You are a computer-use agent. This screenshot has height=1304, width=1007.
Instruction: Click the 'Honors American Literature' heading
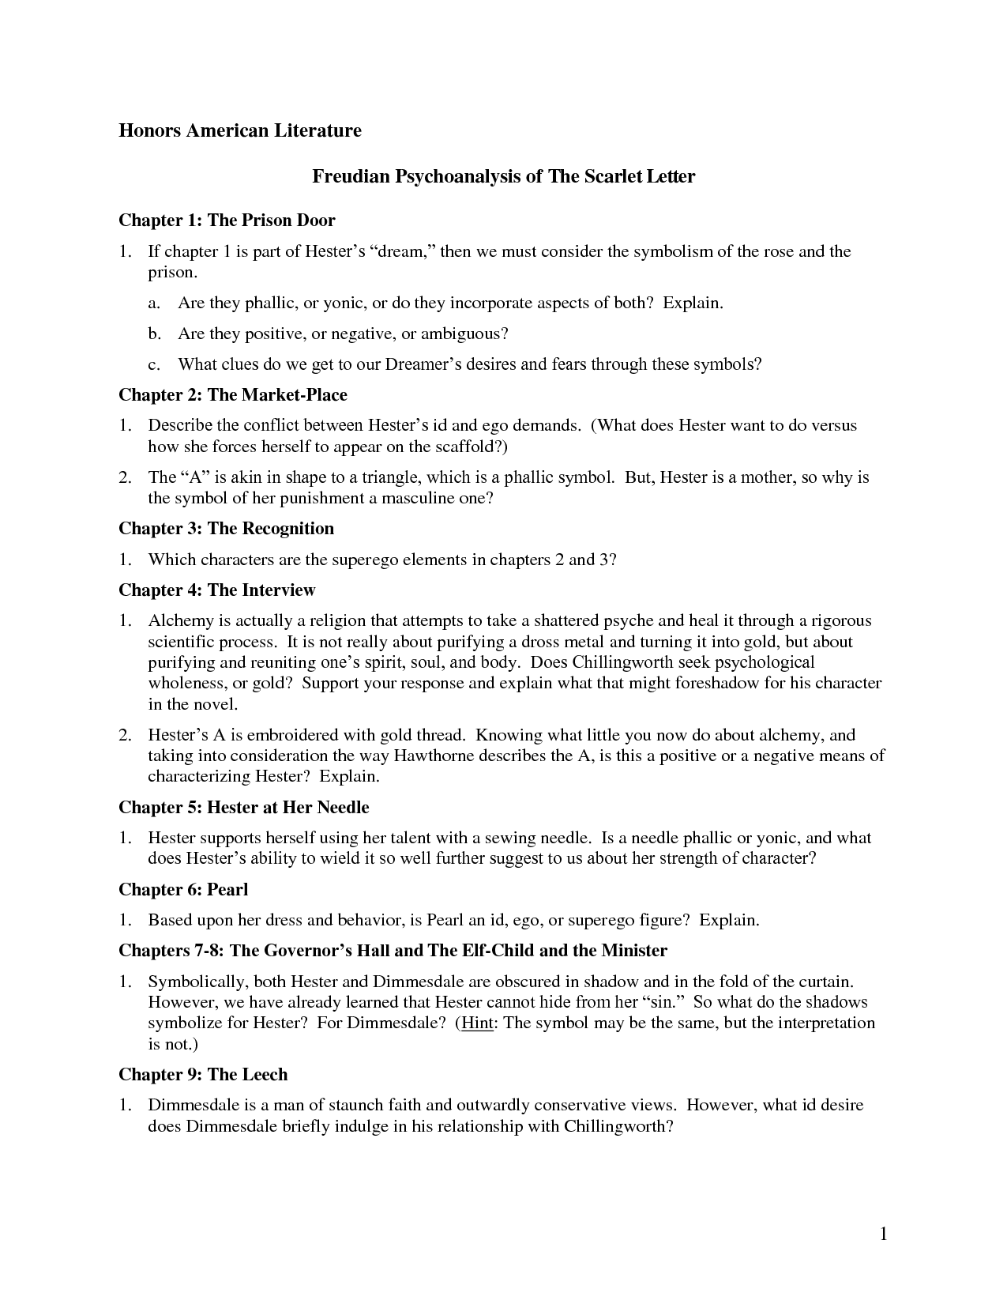point(239,130)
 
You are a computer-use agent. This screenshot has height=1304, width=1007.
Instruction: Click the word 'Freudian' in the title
point(350,176)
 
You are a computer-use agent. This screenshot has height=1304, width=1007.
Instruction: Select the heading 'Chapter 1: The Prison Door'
point(227,220)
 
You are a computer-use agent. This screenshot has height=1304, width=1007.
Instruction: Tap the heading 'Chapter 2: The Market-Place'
point(232,394)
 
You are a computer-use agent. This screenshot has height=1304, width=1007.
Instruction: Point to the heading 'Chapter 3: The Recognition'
point(226,528)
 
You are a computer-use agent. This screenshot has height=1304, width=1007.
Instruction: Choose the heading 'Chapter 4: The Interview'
point(216,590)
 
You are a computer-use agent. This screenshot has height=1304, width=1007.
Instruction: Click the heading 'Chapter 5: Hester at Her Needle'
point(243,807)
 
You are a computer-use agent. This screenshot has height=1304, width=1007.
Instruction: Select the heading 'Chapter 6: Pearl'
point(183,889)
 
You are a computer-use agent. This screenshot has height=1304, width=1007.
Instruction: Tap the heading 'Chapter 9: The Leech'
point(203,1074)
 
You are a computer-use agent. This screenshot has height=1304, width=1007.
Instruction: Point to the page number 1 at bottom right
point(884,1234)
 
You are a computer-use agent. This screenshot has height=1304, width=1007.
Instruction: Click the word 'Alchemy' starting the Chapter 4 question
point(177,620)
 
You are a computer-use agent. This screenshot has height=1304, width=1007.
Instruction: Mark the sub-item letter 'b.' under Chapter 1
point(154,334)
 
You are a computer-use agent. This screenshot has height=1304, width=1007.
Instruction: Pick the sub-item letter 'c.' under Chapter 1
point(154,364)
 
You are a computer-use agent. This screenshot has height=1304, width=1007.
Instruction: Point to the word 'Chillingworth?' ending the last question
point(618,1125)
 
